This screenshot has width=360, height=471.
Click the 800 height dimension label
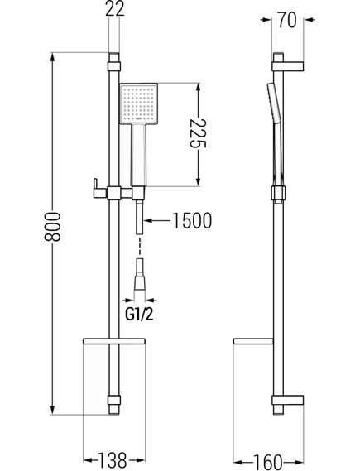pyautogui.click(x=52, y=227)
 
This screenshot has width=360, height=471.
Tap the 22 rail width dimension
pyautogui.click(x=115, y=9)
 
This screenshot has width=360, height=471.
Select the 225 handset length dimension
pyautogui.click(x=198, y=133)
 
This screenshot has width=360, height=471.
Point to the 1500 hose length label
pyautogui.click(x=192, y=220)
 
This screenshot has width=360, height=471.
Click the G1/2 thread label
pyautogui.click(x=139, y=315)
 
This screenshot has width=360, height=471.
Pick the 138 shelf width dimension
pyautogui.click(x=113, y=459)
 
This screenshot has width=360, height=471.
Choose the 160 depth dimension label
pyautogui.click(x=268, y=462)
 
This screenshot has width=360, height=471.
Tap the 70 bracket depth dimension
pyautogui.click(x=287, y=20)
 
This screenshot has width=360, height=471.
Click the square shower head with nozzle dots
pyautogui.click(x=139, y=103)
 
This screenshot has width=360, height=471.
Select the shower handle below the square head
pyautogui.click(x=138, y=156)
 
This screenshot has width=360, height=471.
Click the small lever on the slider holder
pyautogui.click(x=95, y=188)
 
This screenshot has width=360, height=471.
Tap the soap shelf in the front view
pyautogui.click(x=114, y=341)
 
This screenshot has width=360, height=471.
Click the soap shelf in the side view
pyautogui.click(x=253, y=341)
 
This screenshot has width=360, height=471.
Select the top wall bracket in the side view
pyautogui.click(x=288, y=66)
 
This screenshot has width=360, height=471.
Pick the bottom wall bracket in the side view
pyautogui.click(x=288, y=400)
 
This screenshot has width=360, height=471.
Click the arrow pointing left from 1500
pyautogui.click(x=157, y=221)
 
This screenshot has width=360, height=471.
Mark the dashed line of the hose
pyautogui.click(x=140, y=247)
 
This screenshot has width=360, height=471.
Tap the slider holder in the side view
pyautogui.click(x=278, y=194)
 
